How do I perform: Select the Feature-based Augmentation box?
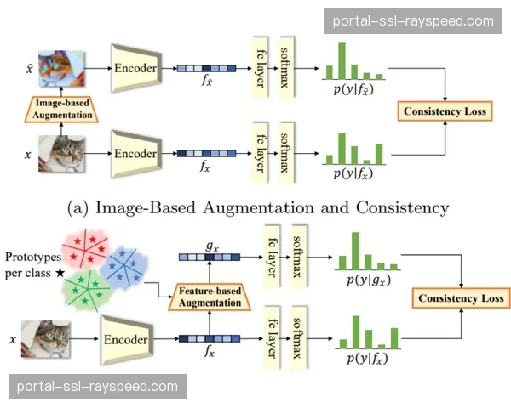pyautogui.click(x=209, y=296)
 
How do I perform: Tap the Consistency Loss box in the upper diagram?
pyautogui.click(x=445, y=111)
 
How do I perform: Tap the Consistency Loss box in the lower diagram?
pyautogui.click(x=460, y=297)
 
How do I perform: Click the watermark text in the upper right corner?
pyautogui.click(x=412, y=21)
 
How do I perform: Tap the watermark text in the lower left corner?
pyautogui.click(x=97, y=387)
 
